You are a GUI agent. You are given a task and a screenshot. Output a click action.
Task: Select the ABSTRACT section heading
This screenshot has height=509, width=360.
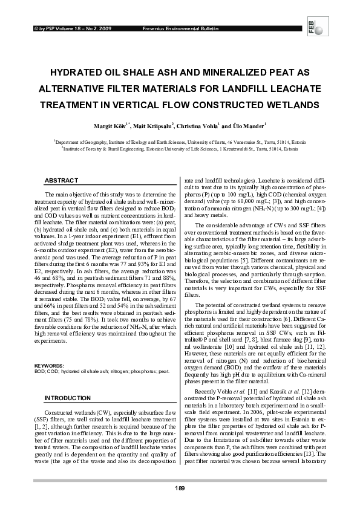(x=62, y=181)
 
